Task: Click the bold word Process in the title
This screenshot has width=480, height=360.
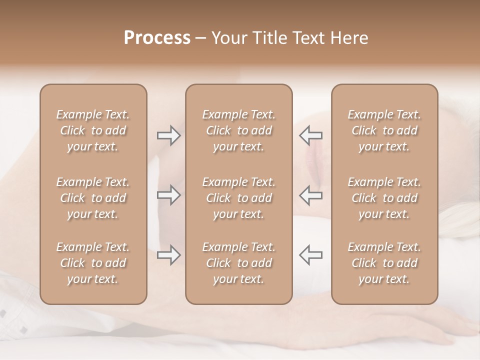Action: (x=157, y=38)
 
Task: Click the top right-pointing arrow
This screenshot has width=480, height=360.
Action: (x=169, y=135)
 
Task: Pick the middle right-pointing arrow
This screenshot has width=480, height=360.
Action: (x=169, y=195)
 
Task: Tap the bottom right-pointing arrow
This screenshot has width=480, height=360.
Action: (x=169, y=255)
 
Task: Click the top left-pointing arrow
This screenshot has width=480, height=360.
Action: (x=310, y=135)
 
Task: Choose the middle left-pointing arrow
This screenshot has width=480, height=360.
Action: (x=310, y=195)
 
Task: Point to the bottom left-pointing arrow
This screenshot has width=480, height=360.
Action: (x=310, y=255)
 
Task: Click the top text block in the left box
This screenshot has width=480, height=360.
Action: (x=93, y=130)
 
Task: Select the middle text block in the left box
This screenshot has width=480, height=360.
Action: (x=93, y=198)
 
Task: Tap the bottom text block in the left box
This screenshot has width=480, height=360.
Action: (x=93, y=263)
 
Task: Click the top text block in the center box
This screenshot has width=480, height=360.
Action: (x=238, y=130)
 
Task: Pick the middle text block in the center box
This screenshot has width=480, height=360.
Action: (x=238, y=198)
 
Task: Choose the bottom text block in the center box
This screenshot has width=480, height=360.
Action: (x=238, y=263)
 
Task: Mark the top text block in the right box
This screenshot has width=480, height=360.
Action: (x=384, y=130)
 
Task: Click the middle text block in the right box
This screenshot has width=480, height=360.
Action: (x=384, y=198)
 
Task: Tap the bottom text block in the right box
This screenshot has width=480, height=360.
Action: (x=384, y=263)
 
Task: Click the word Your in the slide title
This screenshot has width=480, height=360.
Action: (x=229, y=38)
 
